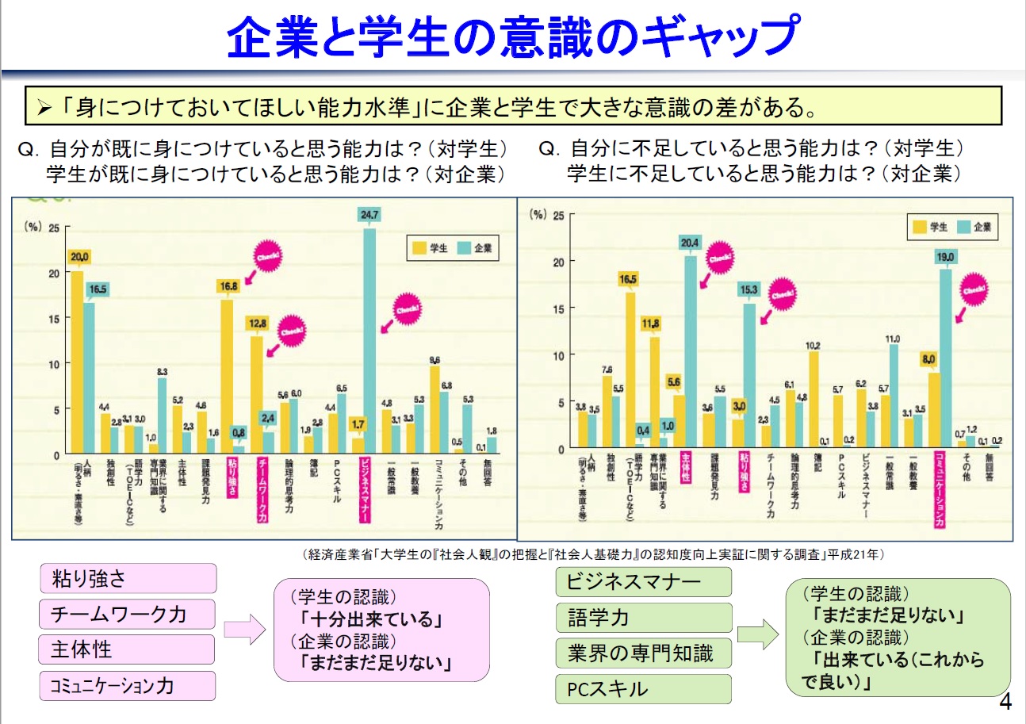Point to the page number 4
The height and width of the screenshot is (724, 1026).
(x=1005, y=703)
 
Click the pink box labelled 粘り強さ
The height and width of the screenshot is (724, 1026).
(x=128, y=578)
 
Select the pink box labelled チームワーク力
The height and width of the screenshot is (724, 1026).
(x=128, y=614)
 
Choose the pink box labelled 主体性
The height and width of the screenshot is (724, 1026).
(x=128, y=649)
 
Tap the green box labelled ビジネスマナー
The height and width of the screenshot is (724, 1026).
(x=644, y=582)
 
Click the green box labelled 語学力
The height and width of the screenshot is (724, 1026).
(x=644, y=618)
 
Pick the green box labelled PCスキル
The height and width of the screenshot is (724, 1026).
(x=644, y=688)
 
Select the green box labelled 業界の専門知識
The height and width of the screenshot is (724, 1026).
(x=644, y=653)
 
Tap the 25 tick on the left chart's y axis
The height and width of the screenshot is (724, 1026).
(x=54, y=228)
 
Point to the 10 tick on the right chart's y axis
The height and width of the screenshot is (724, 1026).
(x=558, y=355)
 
